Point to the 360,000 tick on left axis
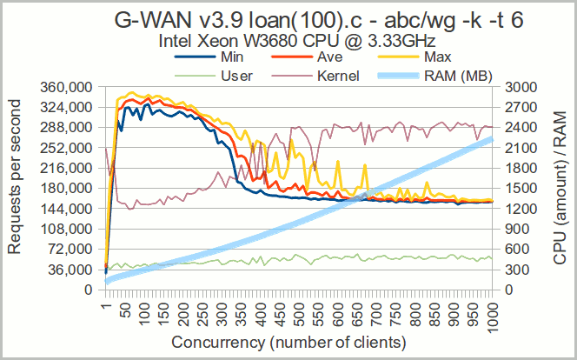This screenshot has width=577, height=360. [x=66, y=88]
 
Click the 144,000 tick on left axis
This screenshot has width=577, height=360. [x=66, y=209]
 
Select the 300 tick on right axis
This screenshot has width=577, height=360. [x=512, y=270]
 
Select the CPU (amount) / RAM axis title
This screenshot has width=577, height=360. [x=560, y=188]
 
